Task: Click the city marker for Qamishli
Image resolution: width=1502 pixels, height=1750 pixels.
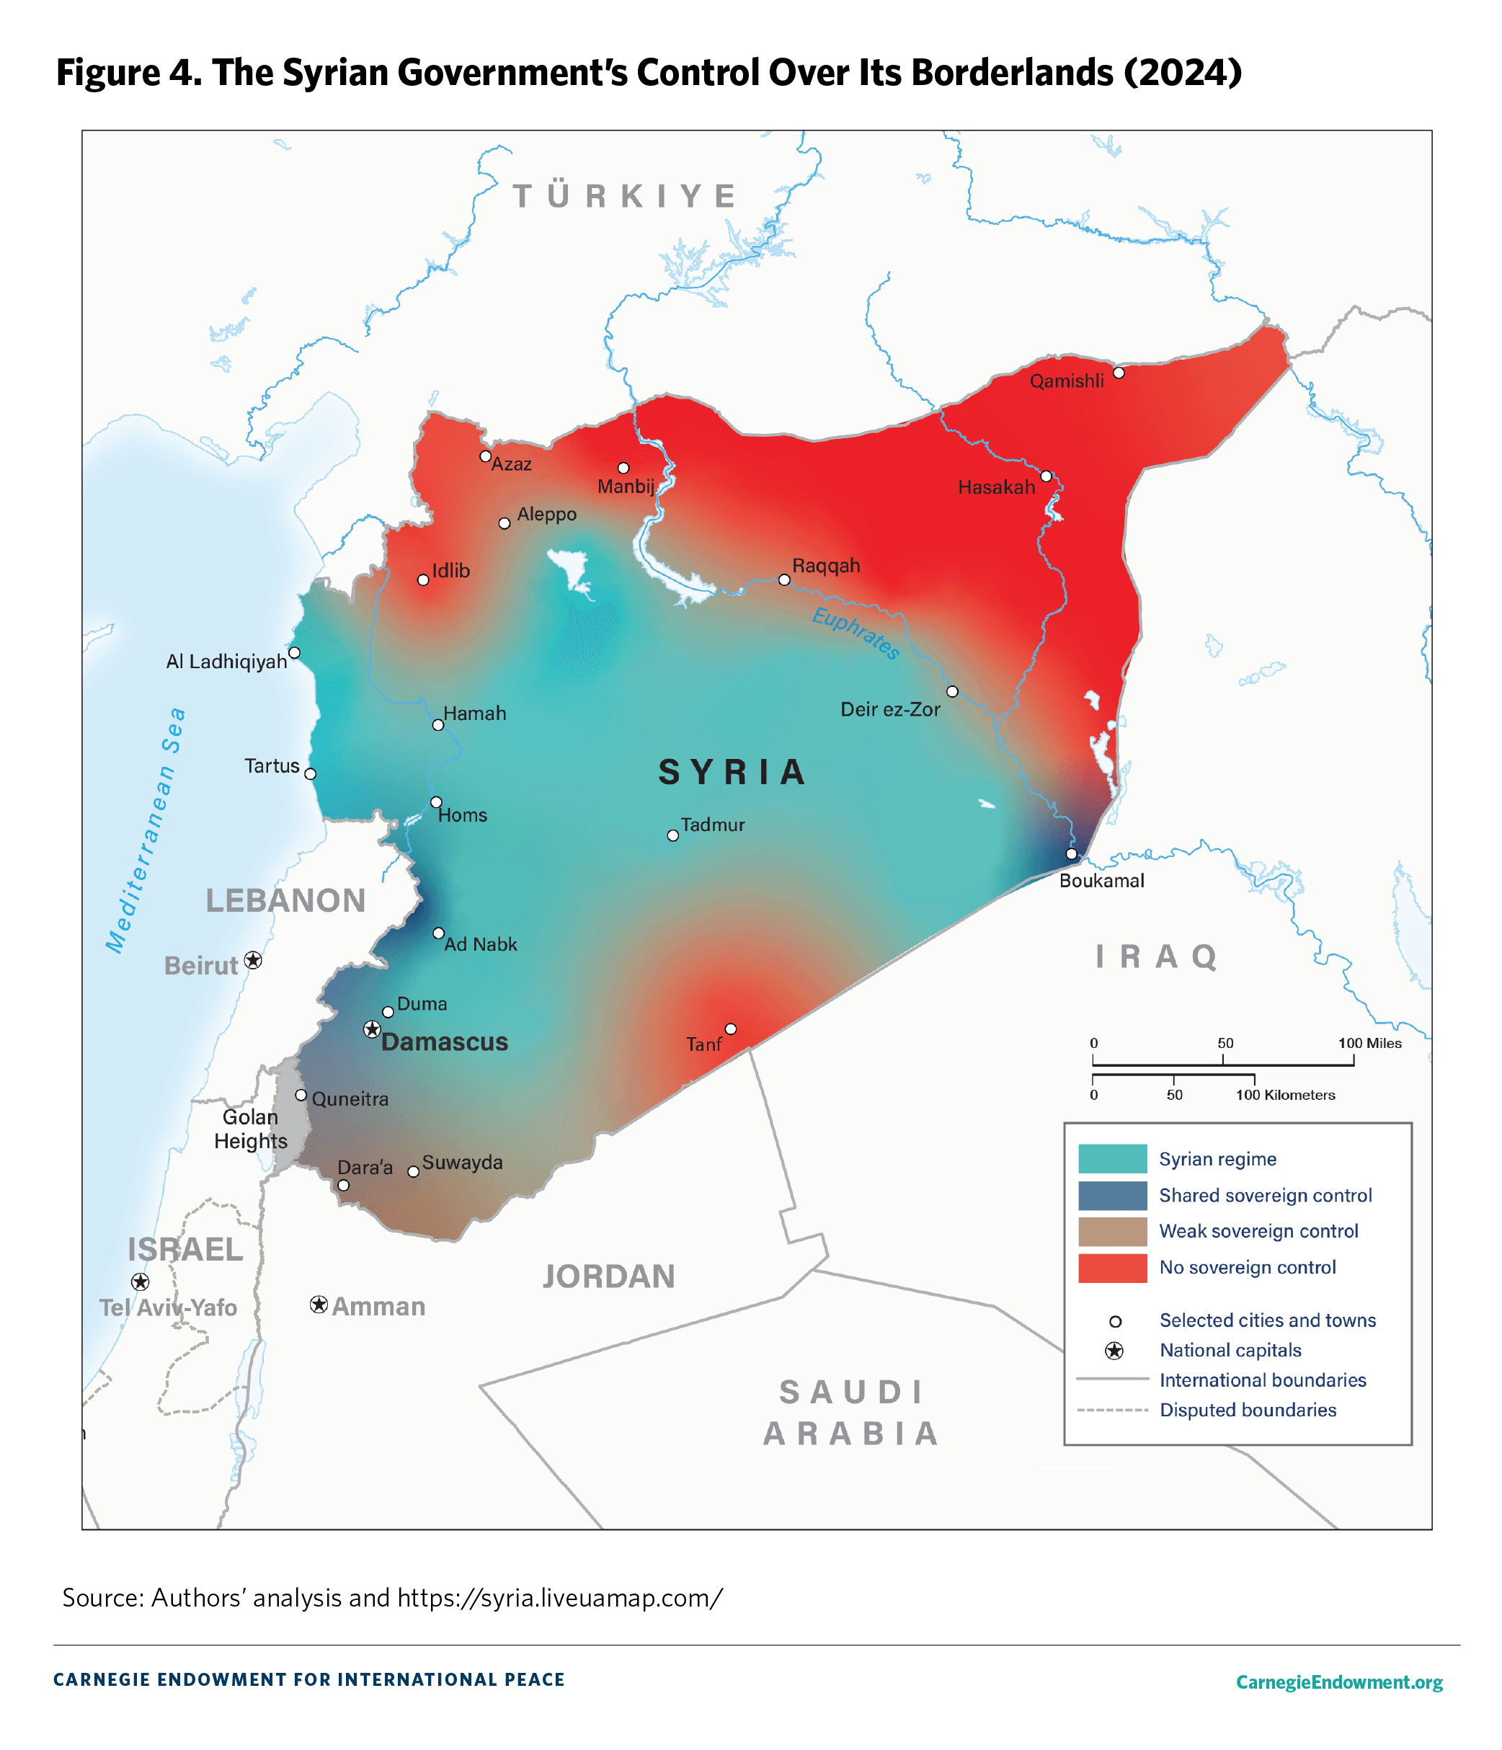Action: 1118,373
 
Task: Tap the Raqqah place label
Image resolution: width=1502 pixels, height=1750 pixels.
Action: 825,566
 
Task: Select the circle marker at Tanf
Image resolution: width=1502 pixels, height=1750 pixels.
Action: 731,1029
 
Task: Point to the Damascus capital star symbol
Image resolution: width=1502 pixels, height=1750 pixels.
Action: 372,1029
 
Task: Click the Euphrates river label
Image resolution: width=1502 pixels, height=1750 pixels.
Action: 855,633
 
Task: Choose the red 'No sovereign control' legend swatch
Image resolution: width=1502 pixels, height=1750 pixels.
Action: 1111,1268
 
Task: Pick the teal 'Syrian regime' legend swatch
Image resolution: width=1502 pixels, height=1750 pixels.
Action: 1111,1159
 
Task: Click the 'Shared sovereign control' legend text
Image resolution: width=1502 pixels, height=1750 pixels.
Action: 1265,1195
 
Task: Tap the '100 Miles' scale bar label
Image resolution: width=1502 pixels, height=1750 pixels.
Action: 1369,1043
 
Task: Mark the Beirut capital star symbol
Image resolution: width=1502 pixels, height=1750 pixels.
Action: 252,960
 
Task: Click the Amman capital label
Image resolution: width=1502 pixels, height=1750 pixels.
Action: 378,1307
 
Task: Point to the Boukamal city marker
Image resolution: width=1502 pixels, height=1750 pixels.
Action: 1071,854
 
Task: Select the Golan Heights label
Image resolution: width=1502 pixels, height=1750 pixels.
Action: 250,1129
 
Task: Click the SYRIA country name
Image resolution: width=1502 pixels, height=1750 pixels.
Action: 732,772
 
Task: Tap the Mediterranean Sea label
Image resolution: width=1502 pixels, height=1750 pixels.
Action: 146,832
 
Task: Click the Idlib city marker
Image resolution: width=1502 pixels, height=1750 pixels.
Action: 423,580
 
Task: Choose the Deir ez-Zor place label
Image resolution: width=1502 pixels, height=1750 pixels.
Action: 889,709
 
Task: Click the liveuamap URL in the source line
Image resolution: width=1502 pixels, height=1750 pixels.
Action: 559,1598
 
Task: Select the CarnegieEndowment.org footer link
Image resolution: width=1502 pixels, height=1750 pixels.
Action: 1338,1682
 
